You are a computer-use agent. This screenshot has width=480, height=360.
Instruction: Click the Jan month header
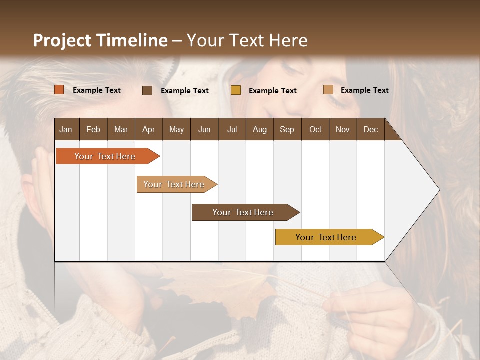tap(66, 130)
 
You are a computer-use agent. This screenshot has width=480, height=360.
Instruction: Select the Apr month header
tap(149, 130)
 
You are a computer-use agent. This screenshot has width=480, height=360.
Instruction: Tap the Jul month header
tap(232, 130)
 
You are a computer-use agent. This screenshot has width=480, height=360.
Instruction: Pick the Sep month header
tap(287, 130)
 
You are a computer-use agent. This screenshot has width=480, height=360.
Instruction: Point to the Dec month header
tap(370, 130)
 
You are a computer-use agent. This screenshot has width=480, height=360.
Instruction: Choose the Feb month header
tap(93, 130)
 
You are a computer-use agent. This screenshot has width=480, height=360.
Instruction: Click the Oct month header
tap(315, 130)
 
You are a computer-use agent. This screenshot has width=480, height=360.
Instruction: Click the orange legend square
tap(59, 90)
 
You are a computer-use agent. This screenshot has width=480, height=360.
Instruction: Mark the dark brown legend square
tap(147, 90)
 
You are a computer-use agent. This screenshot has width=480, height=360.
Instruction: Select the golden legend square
tap(236, 90)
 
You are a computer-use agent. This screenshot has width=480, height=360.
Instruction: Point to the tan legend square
tap(328, 90)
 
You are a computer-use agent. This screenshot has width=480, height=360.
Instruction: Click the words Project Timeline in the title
tap(100, 40)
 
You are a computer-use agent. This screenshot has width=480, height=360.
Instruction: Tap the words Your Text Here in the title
tap(247, 40)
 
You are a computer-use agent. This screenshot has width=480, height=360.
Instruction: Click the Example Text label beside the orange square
tap(97, 90)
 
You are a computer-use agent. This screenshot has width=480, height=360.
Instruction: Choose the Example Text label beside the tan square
tap(364, 90)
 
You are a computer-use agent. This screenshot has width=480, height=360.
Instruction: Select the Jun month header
tap(204, 130)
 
